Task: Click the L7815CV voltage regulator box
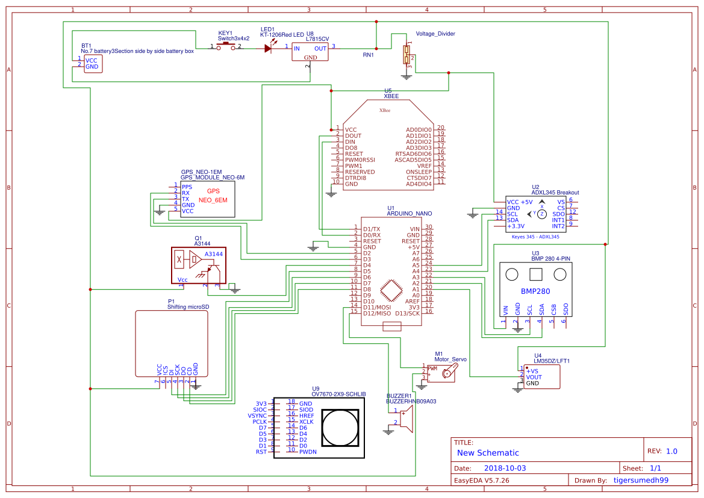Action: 310,52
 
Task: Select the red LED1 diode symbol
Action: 268,48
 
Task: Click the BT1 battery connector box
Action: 93,64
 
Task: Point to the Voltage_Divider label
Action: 435,34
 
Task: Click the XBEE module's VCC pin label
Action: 350,129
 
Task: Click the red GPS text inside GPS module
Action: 213,191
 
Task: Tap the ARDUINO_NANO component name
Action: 409,213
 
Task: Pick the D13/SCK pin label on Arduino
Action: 408,313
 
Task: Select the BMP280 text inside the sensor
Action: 536,292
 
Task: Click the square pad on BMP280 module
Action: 535,275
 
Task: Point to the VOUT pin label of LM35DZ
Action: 534,377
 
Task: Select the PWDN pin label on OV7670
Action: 308,452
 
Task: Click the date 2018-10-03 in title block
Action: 505,468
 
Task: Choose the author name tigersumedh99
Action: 641,481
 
